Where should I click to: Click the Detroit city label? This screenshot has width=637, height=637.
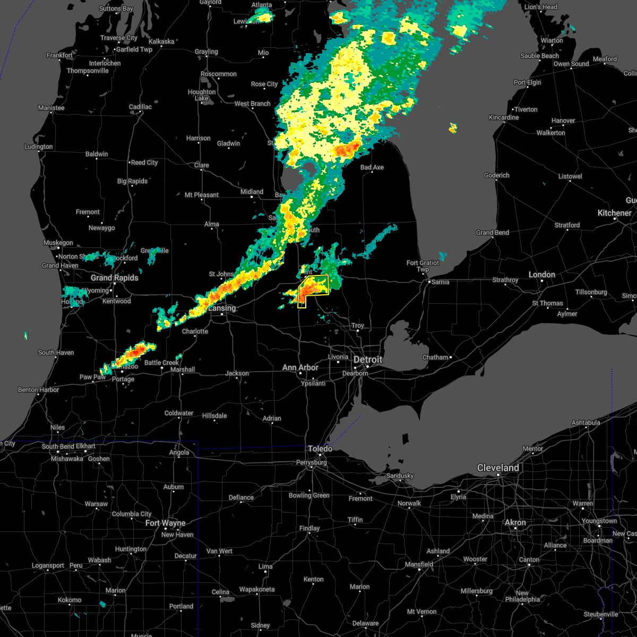(368, 359)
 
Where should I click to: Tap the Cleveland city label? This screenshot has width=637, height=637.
(498, 468)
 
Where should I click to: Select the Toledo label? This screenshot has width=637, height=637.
(320, 449)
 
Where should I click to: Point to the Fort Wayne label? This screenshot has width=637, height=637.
(166, 523)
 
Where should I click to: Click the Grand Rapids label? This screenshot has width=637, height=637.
(114, 278)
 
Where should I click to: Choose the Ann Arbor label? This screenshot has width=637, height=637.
(300, 367)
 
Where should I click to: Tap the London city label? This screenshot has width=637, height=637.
(541, 274)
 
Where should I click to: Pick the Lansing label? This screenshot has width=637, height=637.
(222, 308)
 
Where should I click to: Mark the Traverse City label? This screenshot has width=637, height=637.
(119, 38)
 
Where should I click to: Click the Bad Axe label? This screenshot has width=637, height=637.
(372, 167)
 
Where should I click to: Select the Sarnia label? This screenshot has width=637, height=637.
(440, 282)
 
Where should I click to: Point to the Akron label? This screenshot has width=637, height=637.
(515, 522)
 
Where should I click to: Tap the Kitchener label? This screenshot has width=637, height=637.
(615, 213)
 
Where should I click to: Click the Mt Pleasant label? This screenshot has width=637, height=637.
(202, 195)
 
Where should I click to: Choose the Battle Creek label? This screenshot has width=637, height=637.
(161, 363)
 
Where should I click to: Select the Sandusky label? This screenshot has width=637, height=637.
(400, 476)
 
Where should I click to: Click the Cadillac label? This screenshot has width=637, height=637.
(140, 107)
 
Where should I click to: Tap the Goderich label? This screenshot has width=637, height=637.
(496, 175)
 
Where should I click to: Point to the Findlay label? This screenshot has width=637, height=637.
(309, 528)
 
